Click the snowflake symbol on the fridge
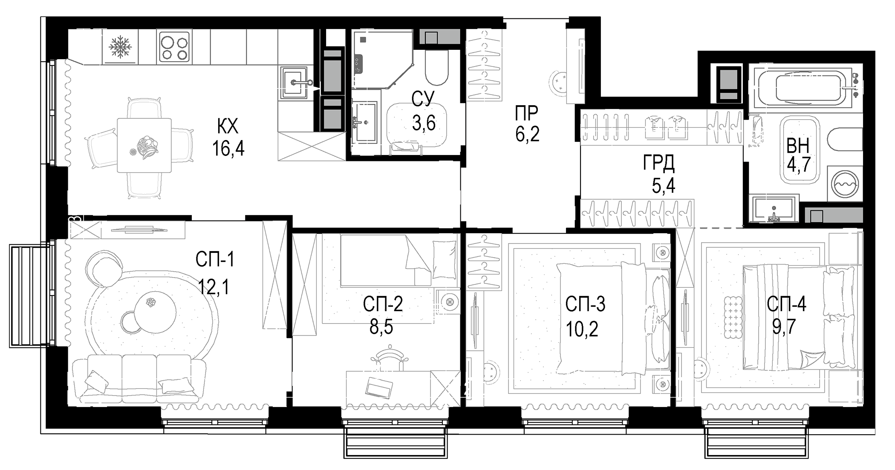[x=121, y=46]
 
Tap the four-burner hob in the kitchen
[x=174, y=47]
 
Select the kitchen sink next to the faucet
[x=293, y=82]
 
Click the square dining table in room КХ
[x=144, y=145]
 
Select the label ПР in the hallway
[x=527, y=114]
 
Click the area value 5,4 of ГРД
[x=664, y=186]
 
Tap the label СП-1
[x=215, y=259]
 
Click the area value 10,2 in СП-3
[x=582, y=329]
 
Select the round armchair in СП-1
[x=103, y=267]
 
